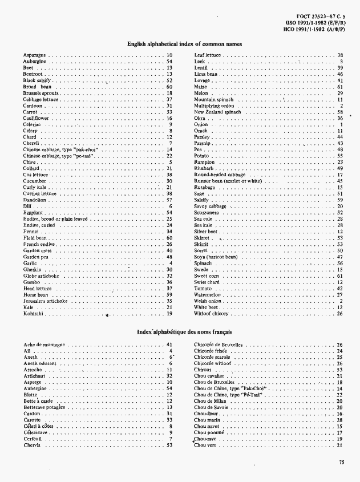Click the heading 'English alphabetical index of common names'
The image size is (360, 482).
[184, 44]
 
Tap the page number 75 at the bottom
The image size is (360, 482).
[341, 463]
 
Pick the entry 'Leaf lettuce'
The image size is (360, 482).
[208, 56]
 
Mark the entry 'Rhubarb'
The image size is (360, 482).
[204, 168]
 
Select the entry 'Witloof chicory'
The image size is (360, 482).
[211, 313]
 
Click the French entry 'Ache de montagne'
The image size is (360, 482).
[45, 345]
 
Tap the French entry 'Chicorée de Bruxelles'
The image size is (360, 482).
[218, 345]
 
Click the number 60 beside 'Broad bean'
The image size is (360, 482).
[169, 87]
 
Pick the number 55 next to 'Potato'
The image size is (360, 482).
[339, 156]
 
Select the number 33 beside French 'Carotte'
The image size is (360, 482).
[169, 420]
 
